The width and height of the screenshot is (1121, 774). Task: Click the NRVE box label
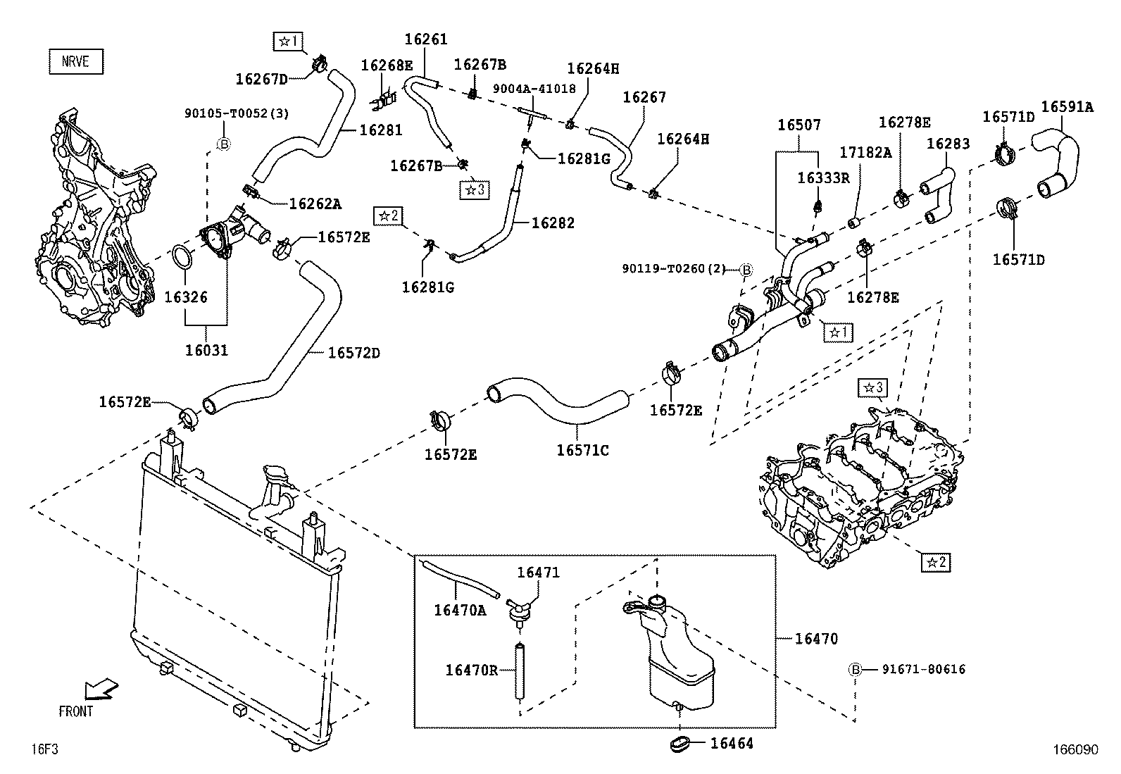tap(75, 61)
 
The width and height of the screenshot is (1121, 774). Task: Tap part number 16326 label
tap(186, 297)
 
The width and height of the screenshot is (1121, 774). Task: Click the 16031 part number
tap(206, 349)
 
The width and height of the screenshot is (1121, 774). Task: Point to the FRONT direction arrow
tap(100, 689)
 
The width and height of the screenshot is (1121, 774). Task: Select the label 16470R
tap(471, 670)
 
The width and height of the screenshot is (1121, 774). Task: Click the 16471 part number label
tap(538, 573)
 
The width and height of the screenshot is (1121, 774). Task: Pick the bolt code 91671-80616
tap(923, 669)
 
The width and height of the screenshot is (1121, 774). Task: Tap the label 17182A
tap(865, 153)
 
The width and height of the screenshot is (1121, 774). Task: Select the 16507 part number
tap(799, 125)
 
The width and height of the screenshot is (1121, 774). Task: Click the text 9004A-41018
tap(534, 89)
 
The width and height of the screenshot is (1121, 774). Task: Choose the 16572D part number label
tap(353, 353)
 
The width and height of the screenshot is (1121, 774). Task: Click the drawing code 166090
tap(1075, 750)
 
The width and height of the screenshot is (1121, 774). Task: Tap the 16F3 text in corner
tap(44, 749)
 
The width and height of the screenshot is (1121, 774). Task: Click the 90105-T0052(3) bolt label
tap(237, 113)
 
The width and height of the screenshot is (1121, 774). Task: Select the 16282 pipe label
tap(553, 223)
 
